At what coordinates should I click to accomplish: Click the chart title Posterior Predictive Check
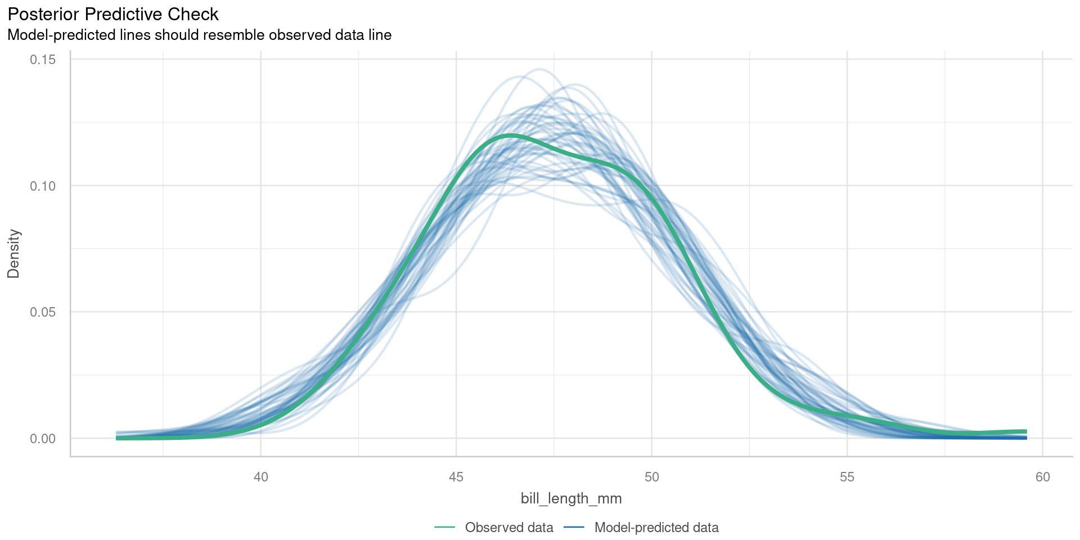113,14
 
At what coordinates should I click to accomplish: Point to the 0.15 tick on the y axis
43,60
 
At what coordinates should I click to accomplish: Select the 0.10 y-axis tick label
43,186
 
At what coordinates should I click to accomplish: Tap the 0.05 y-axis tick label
43,312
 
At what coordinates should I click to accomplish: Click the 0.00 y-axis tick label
43,439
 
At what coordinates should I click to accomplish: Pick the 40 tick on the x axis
261,478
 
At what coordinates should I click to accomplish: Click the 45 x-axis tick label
456,478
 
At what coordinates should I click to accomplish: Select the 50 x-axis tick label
651,478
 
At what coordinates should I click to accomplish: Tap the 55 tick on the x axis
847,478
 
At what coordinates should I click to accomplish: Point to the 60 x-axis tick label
1042,478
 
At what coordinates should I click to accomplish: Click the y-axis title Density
13,254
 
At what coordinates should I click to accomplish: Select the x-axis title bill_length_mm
571,499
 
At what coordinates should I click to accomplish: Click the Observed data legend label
509,528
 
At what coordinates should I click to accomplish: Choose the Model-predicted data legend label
656,528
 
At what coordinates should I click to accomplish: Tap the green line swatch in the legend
444,528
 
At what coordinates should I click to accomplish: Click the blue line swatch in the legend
574,528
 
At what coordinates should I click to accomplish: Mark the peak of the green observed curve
510,135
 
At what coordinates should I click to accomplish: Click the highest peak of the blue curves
539,70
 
